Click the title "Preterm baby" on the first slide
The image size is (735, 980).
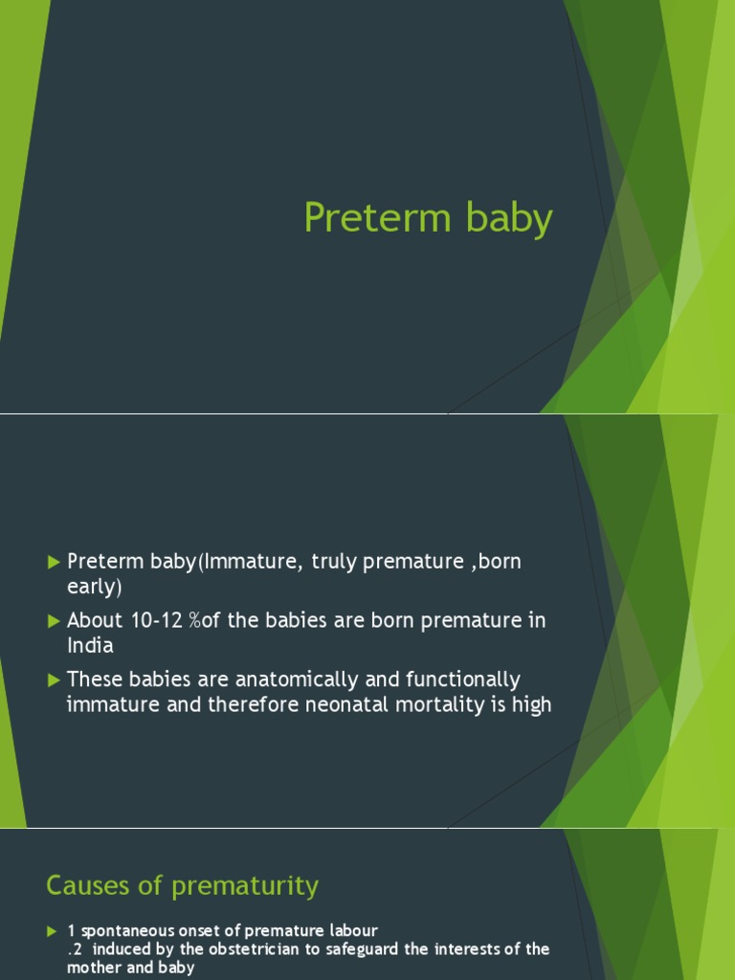[x=428, y=218]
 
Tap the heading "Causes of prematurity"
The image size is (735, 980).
[x=182, y=886]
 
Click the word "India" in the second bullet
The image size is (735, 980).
[x=90, y=646]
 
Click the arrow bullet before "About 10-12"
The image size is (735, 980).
[x=54, y=621]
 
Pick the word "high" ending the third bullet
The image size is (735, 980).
[x=532, y=706]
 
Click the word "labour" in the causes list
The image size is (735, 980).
[x=353, y=931]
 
